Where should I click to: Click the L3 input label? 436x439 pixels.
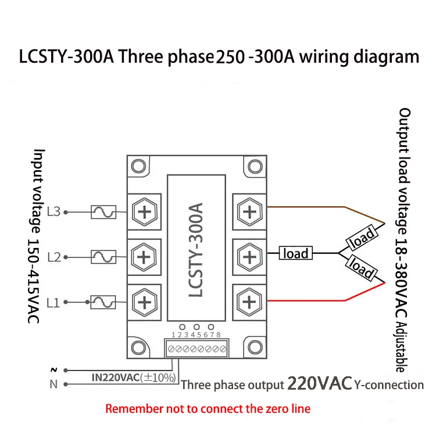point(53,212)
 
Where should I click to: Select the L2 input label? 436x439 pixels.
point(53,256)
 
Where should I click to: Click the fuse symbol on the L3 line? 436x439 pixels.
point(103,213)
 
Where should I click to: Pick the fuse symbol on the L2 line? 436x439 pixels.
point(103,256)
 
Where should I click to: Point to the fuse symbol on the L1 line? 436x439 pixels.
point(103,301)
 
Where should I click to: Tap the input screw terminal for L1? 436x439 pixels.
point(144,301)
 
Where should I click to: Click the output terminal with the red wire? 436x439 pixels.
point(249,301)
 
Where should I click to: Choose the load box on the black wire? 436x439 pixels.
point(296,253)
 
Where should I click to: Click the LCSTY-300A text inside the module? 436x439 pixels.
point(196,250)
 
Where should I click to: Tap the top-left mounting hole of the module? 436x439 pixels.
point(138,167)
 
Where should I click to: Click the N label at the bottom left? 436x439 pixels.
point(54,384)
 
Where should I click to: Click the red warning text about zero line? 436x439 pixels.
point(208,408)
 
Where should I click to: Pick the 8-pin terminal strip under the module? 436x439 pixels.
point(195,350)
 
